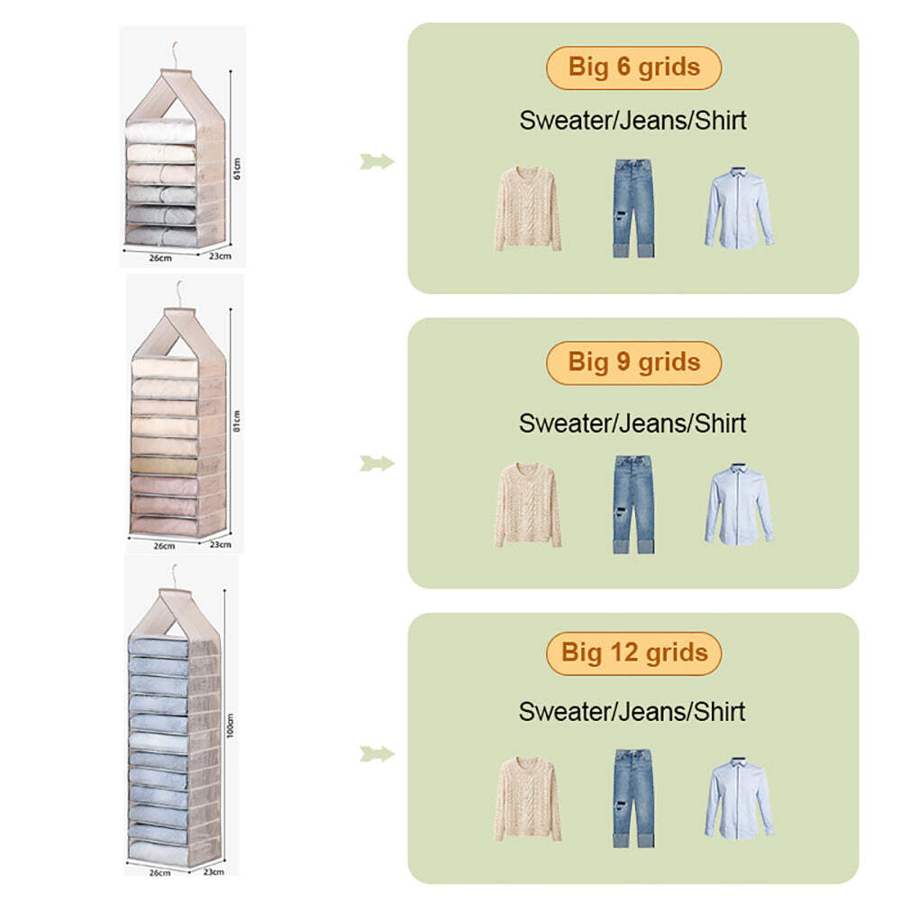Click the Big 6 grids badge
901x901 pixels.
pos(633,68)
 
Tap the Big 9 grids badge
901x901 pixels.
pos(633,362)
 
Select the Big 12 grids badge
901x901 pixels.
pos(633,653)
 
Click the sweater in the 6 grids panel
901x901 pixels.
pos(527,209)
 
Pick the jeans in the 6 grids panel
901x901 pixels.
pos(633,208)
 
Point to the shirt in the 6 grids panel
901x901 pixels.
pos(739,208)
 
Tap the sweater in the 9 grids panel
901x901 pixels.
pos(527,505)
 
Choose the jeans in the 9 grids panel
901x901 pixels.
pos(633,505)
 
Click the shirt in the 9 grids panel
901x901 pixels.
pos(739,504)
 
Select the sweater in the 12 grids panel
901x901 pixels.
pos(527,799)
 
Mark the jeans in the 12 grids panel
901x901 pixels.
pos(633,798)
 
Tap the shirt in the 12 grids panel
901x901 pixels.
pos(739,797)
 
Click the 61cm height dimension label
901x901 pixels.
pos(237,168)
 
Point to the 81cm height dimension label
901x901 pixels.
pos(237,421)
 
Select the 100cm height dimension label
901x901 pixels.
pos(231,725)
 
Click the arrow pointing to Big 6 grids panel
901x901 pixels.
pos(377,161)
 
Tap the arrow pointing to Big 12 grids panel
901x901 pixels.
pos(377,754)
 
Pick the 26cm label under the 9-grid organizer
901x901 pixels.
pos(164,546)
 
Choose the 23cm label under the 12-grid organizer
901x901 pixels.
pos(214,871)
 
